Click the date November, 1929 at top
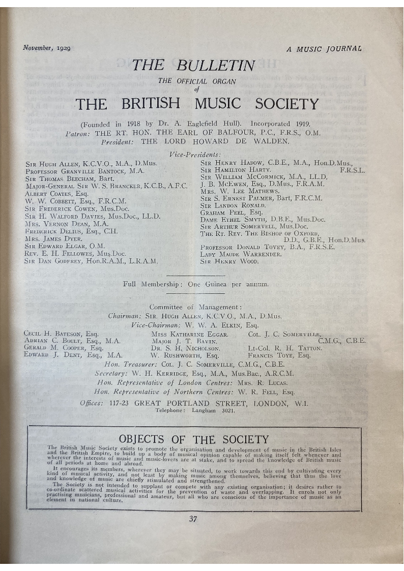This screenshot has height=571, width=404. (47, 48)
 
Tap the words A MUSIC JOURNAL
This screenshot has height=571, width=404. (324, 49)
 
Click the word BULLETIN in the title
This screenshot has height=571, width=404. (216, 65)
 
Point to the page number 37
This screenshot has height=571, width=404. (193, 519)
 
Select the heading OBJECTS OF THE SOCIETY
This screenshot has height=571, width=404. (193, 439)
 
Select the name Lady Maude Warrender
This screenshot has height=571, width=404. (241, 254)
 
